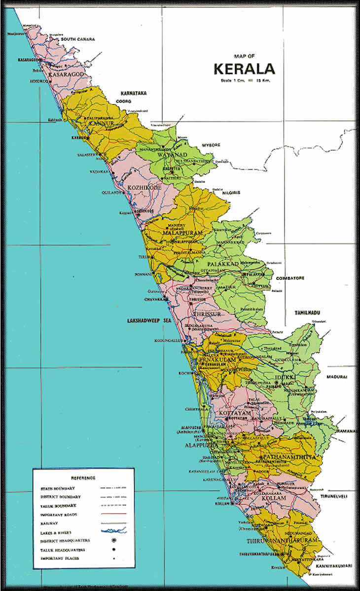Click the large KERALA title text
coord(244,68)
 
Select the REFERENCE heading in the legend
coord(83,478)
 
